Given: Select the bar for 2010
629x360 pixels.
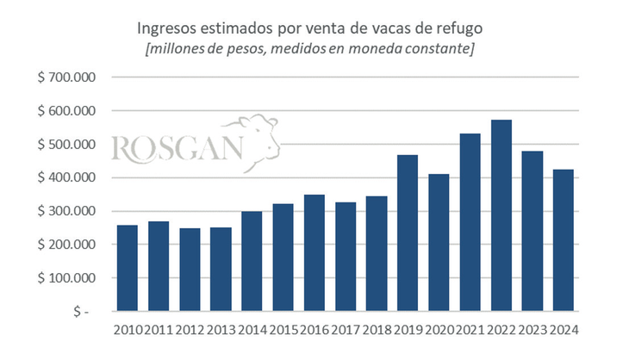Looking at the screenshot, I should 128,268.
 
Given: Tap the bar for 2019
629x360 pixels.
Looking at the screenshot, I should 408,233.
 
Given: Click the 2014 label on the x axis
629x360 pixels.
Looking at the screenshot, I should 252,330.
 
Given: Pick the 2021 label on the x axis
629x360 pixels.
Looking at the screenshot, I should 470,330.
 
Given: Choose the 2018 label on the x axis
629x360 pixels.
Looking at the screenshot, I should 377,330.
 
